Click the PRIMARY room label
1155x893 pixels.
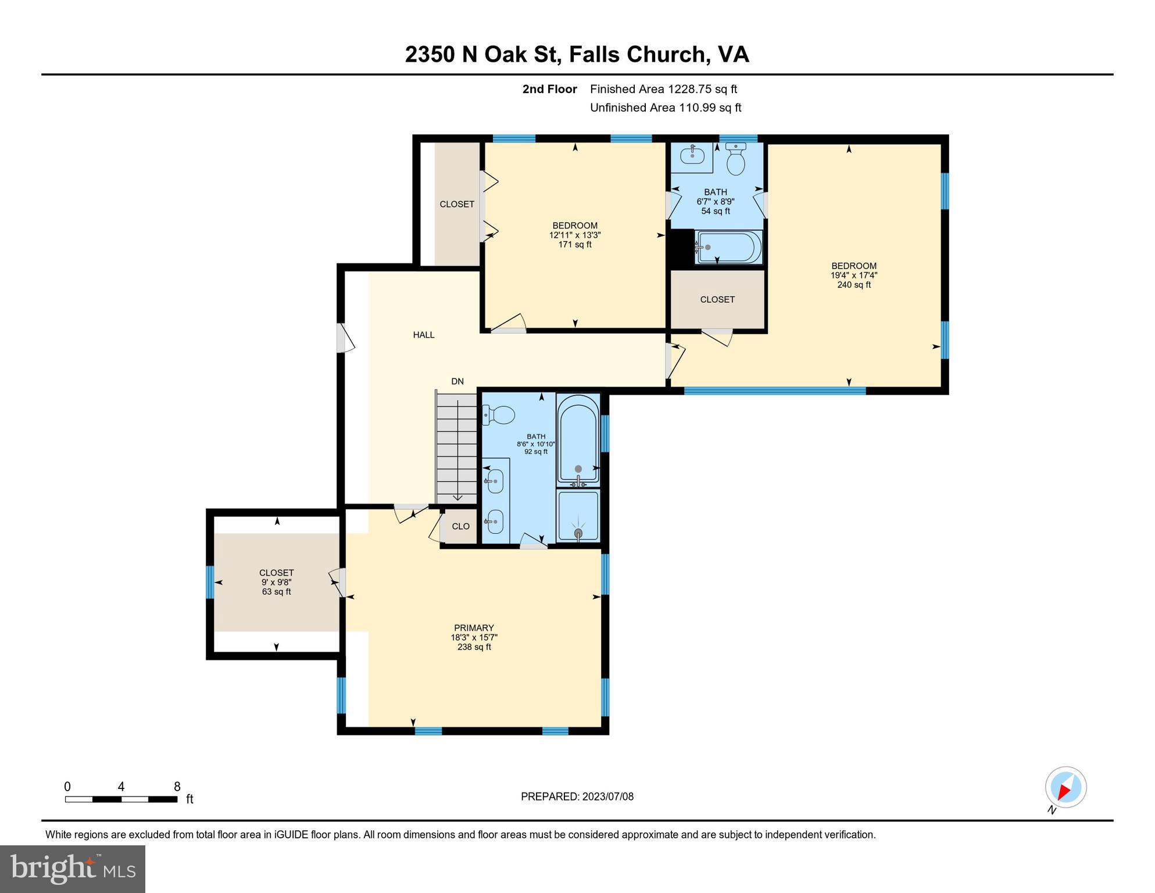pos(474,628)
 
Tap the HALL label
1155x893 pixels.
pos(424,335)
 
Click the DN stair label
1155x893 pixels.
pos(457,381)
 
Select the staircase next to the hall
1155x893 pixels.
pos(457,447)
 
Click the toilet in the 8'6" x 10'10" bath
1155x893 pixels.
pos(499,415)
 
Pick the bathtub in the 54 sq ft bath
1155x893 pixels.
pos(729,248)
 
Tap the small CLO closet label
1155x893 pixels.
pos(460,526)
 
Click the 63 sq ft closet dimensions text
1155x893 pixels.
pos(276,582)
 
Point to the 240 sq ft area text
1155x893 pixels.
pos(854,285)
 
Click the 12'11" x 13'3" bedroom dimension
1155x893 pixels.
pos(575,235)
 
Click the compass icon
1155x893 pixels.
pos(1065,787)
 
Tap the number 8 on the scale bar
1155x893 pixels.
pos(177,787)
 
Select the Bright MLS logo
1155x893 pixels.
pos(73,869)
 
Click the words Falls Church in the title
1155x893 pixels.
pos(637,54)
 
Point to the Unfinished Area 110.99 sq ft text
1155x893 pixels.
pos(666,108)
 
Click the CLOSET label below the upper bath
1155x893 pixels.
pos(717,299)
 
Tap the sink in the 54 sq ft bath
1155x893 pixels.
pos(692,155)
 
